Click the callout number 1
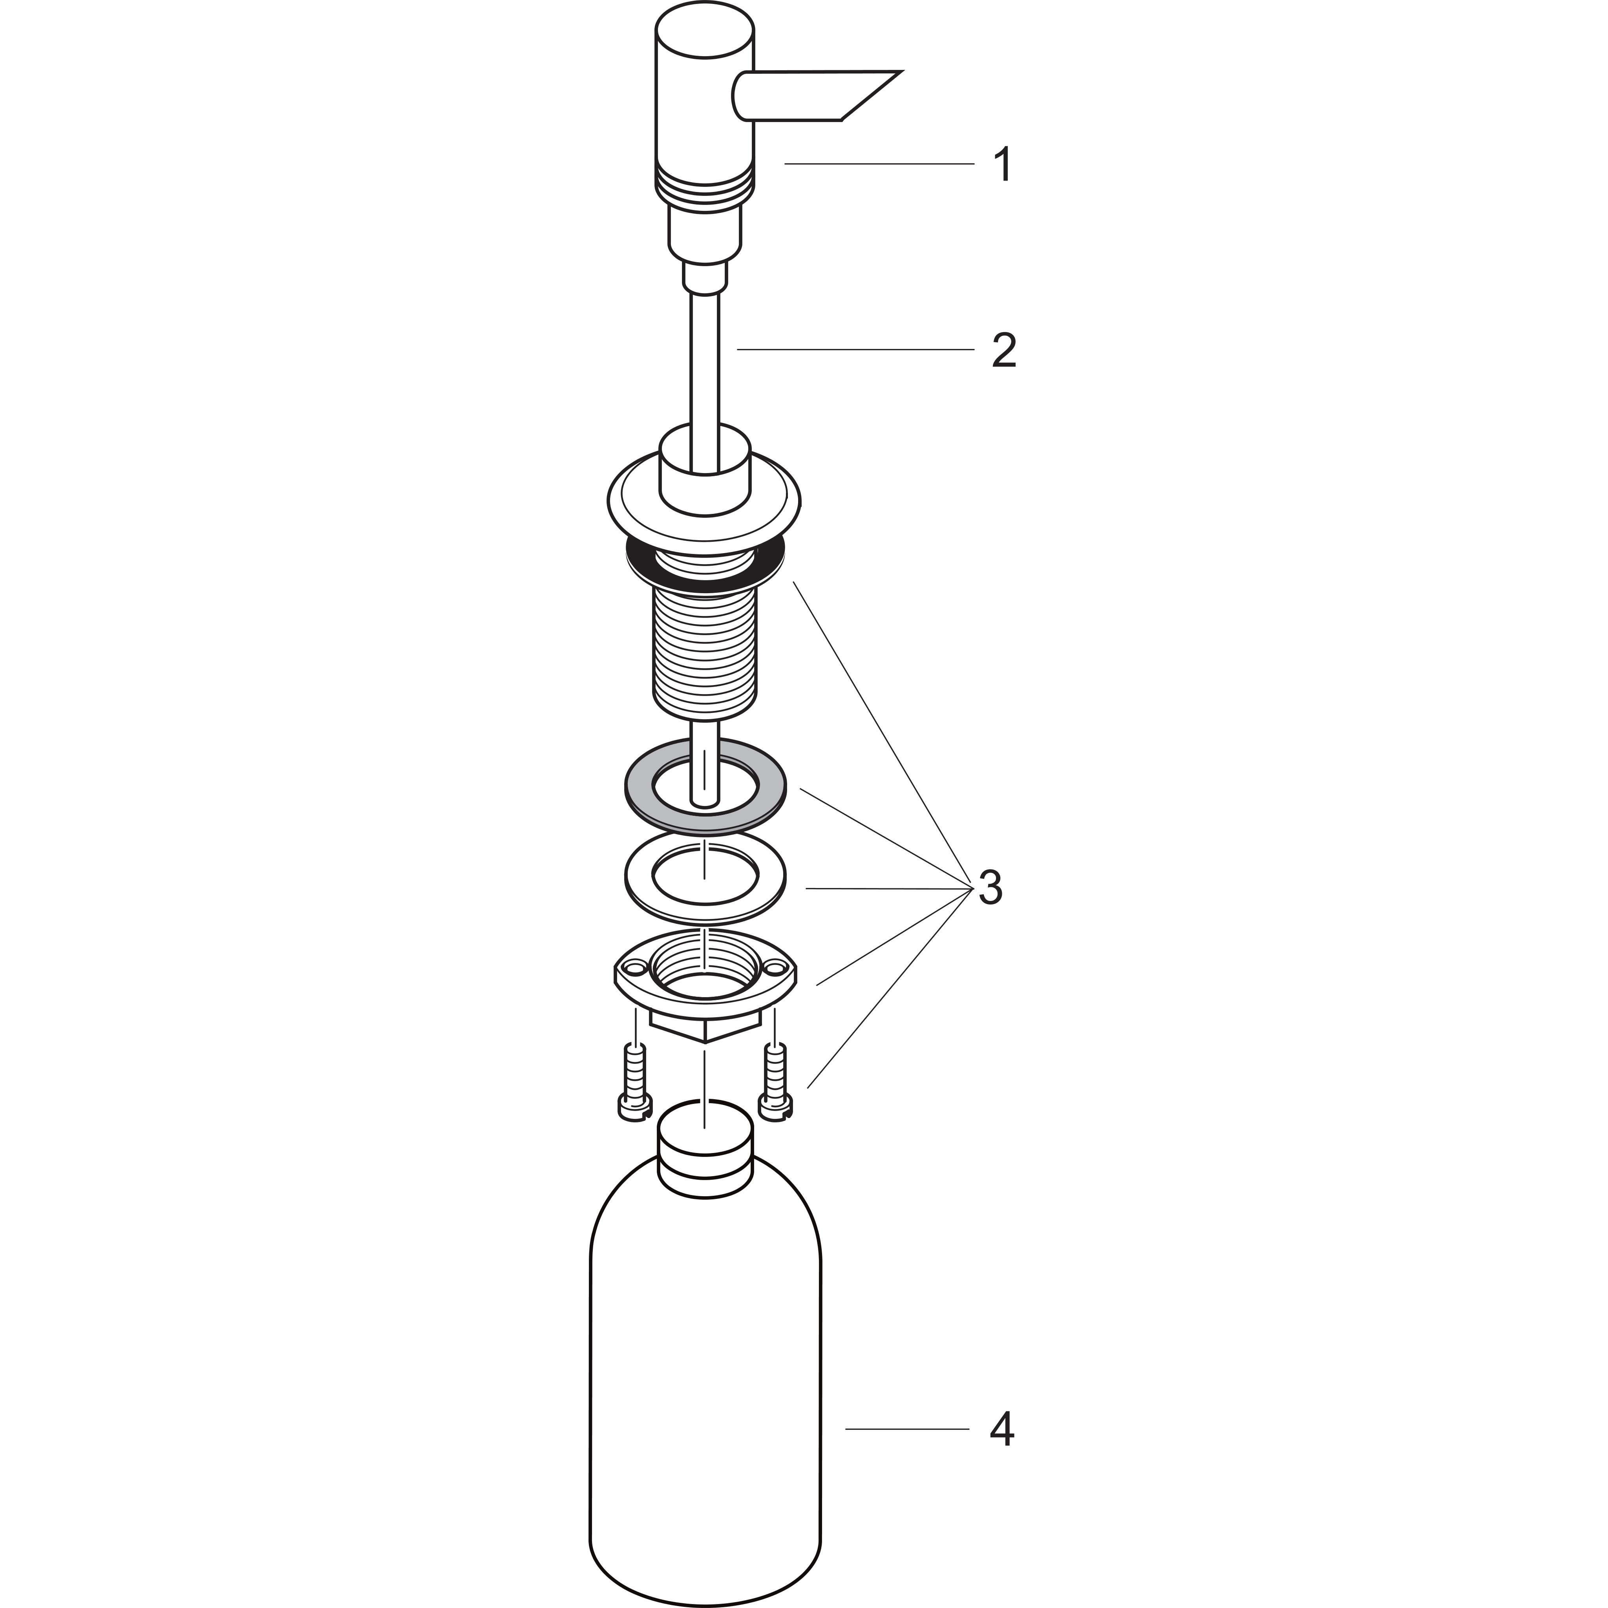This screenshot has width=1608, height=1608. click(1004, 165)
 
